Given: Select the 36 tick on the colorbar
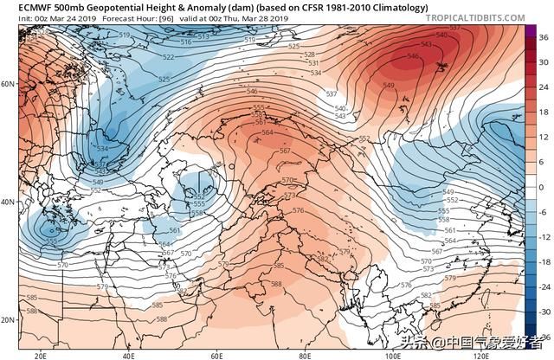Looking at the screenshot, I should coord(543,37).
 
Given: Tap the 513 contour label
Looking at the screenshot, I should coord(203,36).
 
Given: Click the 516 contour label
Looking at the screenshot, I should coord(185,42).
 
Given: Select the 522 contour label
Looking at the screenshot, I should coord(167,57).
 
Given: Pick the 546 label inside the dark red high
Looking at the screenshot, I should coord(413,57).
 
